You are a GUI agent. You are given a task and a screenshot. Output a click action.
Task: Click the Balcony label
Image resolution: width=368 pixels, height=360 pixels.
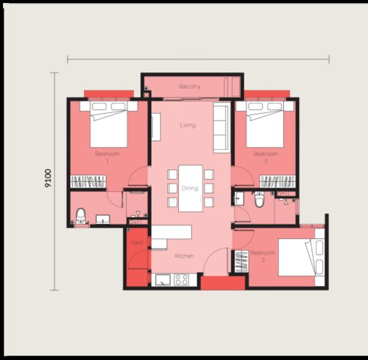(x=189, y=86)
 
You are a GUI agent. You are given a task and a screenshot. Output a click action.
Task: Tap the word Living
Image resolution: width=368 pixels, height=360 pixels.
(x=188, y=125)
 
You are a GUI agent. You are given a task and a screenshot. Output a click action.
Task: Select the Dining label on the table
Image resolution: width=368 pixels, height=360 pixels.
(x=190, y=188)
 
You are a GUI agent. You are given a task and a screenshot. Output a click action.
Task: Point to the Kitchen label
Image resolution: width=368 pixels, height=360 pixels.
(x=184, y=256)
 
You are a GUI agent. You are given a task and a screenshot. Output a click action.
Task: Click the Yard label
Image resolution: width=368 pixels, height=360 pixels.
(x=137, y=242)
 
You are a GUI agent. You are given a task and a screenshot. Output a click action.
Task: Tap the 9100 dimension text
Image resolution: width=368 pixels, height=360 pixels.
(x=48, y=178)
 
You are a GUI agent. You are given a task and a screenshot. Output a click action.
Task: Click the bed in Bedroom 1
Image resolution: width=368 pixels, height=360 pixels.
(x=109, y=124)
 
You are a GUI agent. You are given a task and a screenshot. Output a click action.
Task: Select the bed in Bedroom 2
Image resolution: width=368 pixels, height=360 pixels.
(x=265, y=124)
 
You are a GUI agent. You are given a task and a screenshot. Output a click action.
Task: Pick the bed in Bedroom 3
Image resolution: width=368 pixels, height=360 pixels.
(x=301, y=257)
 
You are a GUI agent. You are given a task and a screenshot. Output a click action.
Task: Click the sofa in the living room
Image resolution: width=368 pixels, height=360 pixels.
(x=222, y=128)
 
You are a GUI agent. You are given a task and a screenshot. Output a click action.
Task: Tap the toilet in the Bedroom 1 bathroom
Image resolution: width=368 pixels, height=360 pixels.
(x=80, y=216)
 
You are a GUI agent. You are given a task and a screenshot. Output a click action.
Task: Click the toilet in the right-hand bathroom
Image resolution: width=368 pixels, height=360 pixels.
(x=259, y=199)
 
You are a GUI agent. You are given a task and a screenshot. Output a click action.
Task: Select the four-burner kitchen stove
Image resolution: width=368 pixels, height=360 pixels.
(x=181, y=280)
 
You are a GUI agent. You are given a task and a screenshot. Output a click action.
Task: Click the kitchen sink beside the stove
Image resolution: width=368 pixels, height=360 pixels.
(x=163, y=280)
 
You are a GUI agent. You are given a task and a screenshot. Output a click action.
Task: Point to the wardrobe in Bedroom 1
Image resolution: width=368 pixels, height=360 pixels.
(x=88, y=182)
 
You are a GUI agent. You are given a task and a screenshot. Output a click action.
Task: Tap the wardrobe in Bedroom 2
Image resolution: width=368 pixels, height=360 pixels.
(x=277, y=182)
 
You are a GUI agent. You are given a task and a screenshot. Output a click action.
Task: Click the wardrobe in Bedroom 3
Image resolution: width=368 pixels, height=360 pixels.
(x=242, y=261)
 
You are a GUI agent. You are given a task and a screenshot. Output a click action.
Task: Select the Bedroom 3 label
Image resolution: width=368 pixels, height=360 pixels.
(x=263, y=256)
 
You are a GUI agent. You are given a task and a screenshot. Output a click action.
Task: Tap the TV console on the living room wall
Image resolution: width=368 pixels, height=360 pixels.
(x=156, y=127)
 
